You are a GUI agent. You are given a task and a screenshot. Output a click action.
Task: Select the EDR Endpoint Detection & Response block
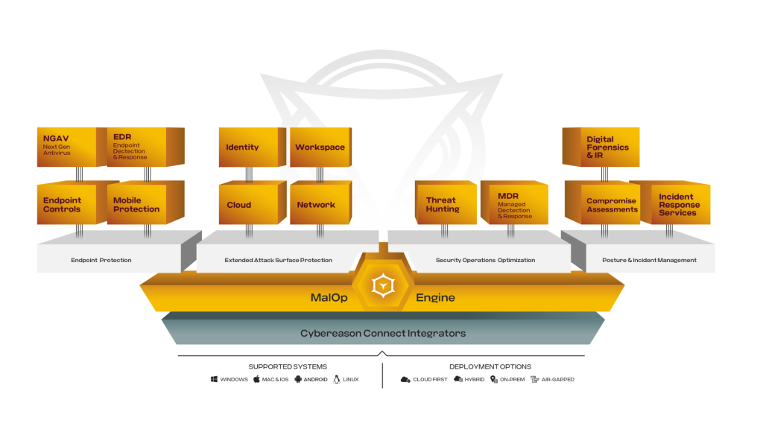click(137, 146)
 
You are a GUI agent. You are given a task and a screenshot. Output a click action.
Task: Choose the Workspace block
click(320, 147)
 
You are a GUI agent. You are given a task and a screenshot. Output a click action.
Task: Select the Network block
click(316, 204)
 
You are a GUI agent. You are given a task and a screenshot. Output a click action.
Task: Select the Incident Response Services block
click(678, 205)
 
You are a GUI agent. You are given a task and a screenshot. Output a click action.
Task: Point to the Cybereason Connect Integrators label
click(383, 333)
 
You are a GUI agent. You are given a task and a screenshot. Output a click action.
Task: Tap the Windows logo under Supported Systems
click(214, 379)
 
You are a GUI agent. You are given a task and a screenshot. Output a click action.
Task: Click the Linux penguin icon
click(337, 379)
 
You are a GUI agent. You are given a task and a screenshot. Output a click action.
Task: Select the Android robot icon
click(298, 379)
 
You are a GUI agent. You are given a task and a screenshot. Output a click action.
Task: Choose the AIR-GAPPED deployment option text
click(557, 379)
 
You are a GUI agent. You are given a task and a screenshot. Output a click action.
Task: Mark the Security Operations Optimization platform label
click(485, 260)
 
